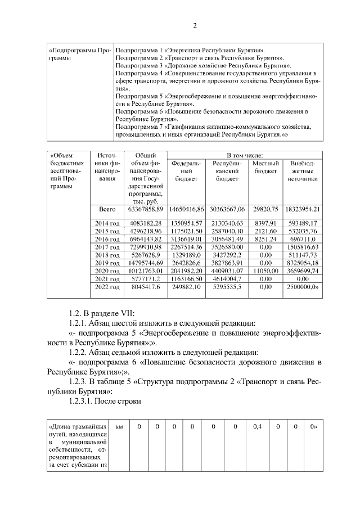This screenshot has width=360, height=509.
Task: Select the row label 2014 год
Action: (x=106, y=223)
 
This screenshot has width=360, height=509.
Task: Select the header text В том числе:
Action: (x=245, y=155)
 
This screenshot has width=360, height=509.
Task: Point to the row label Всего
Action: (x=106, y=209)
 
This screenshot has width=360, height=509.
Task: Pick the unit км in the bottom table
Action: (x=119, y=426)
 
